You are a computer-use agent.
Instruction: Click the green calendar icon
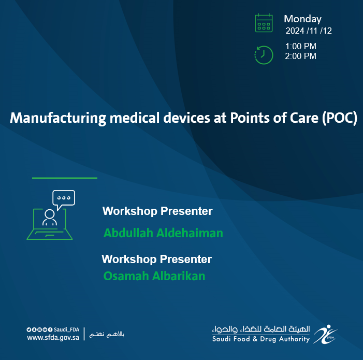click(264, 23)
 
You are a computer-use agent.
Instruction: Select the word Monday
click(302, 19)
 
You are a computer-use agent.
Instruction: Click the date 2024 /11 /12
click(309, 31)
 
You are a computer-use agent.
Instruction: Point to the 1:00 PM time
click(301, 46)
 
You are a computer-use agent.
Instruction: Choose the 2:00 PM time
click(300, 56)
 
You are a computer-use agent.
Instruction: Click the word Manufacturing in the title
click(58, 118)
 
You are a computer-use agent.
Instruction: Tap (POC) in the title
click(340, 118)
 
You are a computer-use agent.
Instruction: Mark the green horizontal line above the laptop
click(65, 178)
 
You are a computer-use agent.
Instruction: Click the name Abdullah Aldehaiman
click(163, 233)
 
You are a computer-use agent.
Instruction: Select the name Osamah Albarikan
click(154, 276)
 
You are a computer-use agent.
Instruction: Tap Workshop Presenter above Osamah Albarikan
click(157, 260)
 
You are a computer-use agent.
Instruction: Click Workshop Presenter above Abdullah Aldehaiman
click(157, 211)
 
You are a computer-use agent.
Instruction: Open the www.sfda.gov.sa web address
click(53, 338)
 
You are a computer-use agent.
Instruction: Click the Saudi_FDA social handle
click(66, 329)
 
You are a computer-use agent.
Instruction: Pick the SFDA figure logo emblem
click(325, 334)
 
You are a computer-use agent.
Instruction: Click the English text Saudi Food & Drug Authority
click(261, 339)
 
